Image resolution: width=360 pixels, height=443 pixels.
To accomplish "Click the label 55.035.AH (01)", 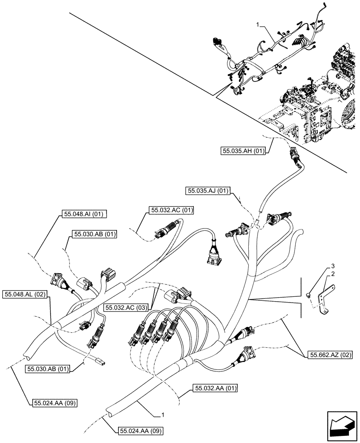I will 243,151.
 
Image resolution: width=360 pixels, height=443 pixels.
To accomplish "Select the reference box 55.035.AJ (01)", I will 207,191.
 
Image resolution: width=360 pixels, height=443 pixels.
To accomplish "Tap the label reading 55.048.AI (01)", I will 83,214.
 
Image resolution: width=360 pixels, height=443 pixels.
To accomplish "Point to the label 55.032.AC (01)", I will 172,210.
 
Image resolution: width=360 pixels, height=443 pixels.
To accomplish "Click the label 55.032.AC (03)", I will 127,307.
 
